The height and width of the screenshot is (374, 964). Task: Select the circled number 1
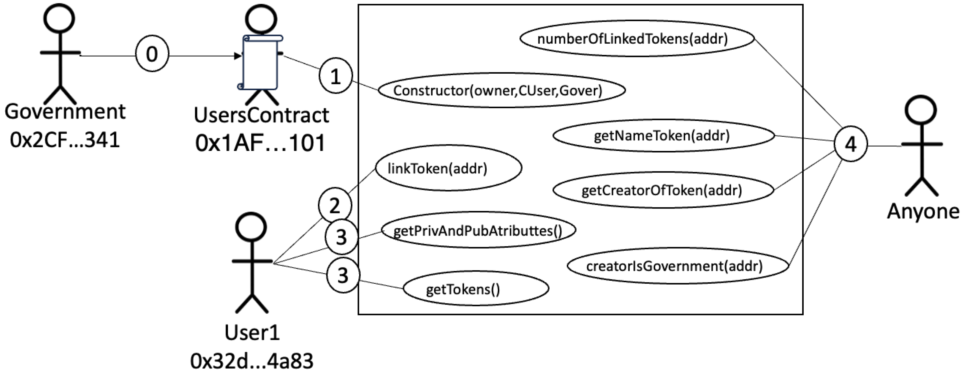[335, 76]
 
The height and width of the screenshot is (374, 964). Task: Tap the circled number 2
[335, 205]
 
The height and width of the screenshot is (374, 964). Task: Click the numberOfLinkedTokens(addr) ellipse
[637, 39]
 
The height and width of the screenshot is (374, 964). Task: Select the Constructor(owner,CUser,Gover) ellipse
[501, 90]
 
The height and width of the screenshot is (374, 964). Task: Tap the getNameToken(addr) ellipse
[663, 135]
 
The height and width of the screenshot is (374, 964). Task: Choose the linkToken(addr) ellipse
[448, 168]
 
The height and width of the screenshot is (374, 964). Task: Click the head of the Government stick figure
[59, 19]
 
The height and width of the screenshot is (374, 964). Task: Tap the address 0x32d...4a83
[251, 361]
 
